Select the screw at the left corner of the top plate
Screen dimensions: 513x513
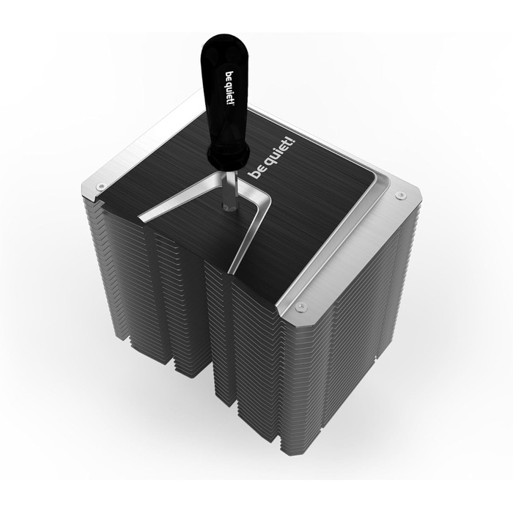click(x=100, y=187)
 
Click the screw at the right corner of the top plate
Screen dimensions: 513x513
click(x=399, y=195)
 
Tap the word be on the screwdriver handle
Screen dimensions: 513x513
click(x=229, y=75)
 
